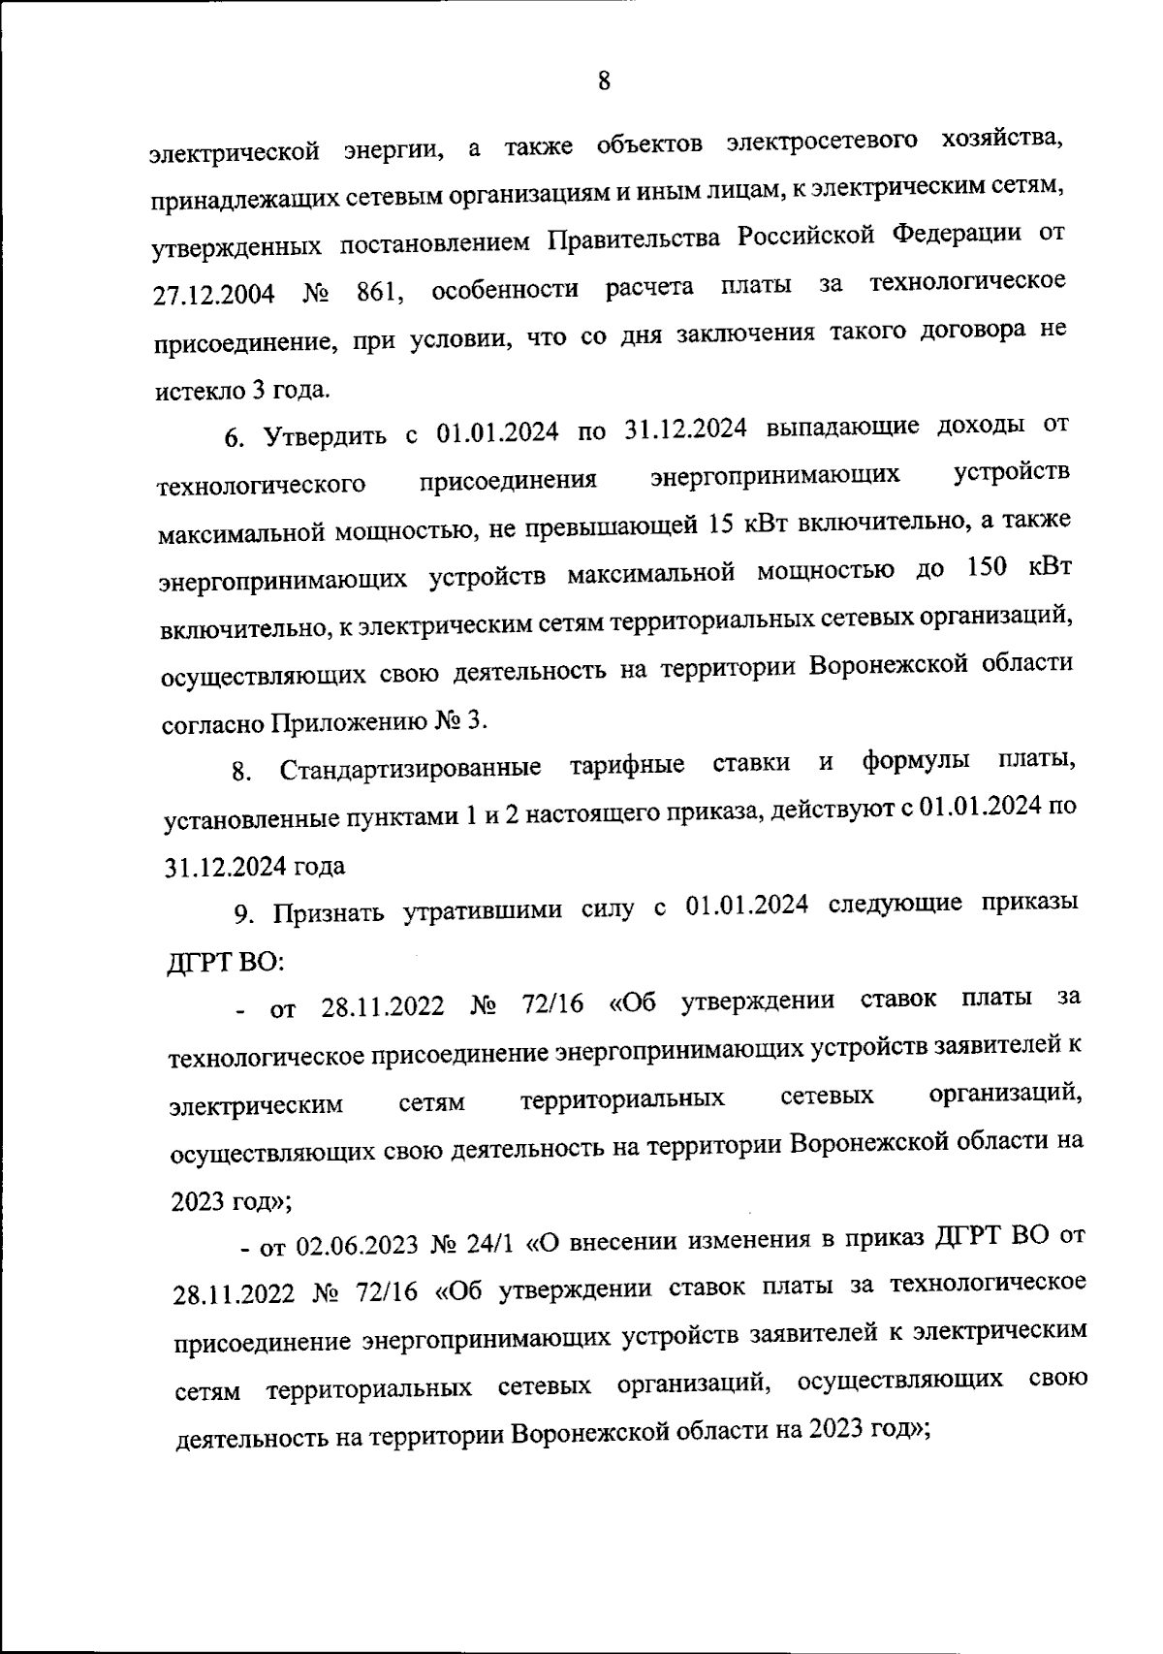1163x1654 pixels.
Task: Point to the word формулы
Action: pyautogui.click(x=916, y=761)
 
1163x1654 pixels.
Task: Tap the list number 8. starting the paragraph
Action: pyautogui.click(x=241, y=773)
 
